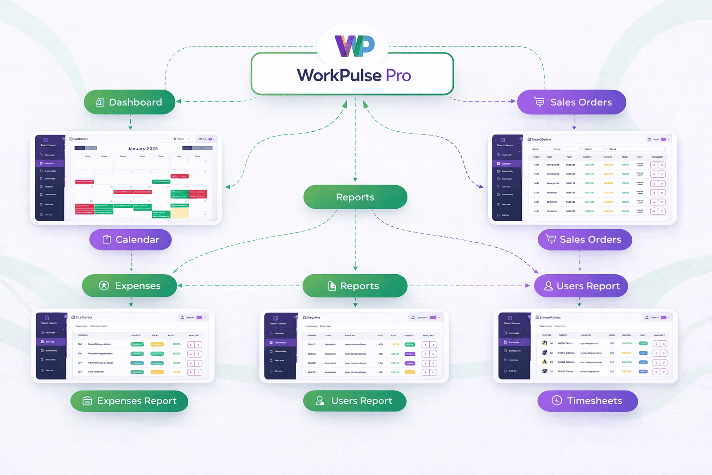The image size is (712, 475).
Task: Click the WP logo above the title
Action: point(355,45)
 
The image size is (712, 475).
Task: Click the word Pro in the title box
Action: point(398,75)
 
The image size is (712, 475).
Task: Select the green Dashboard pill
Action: point(129,102)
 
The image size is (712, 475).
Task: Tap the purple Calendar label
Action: point(130,239)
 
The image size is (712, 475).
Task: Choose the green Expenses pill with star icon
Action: point(129,286)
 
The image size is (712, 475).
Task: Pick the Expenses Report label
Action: point(129,401)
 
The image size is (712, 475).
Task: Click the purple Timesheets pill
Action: point(587,401)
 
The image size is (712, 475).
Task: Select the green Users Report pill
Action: point(355,401)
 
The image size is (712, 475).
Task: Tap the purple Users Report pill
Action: point(581,286)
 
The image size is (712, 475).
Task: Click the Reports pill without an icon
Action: point(355,197)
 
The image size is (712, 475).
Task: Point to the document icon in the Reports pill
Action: point(332,286)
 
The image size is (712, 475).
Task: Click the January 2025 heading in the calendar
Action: point(143,149)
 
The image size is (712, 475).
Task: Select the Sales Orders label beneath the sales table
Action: point(585,239)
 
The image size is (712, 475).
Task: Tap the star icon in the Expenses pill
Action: point(104,286)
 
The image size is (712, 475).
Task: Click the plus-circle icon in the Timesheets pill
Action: point(557,401)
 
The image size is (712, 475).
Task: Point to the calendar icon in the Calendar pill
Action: point(107,239)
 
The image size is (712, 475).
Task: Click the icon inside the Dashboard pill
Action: point(100,102)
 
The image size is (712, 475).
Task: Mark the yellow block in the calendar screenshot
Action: point(179,213)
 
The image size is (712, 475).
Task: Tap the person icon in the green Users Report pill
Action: point(319,401)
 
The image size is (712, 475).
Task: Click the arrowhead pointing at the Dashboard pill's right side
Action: point(179,101)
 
